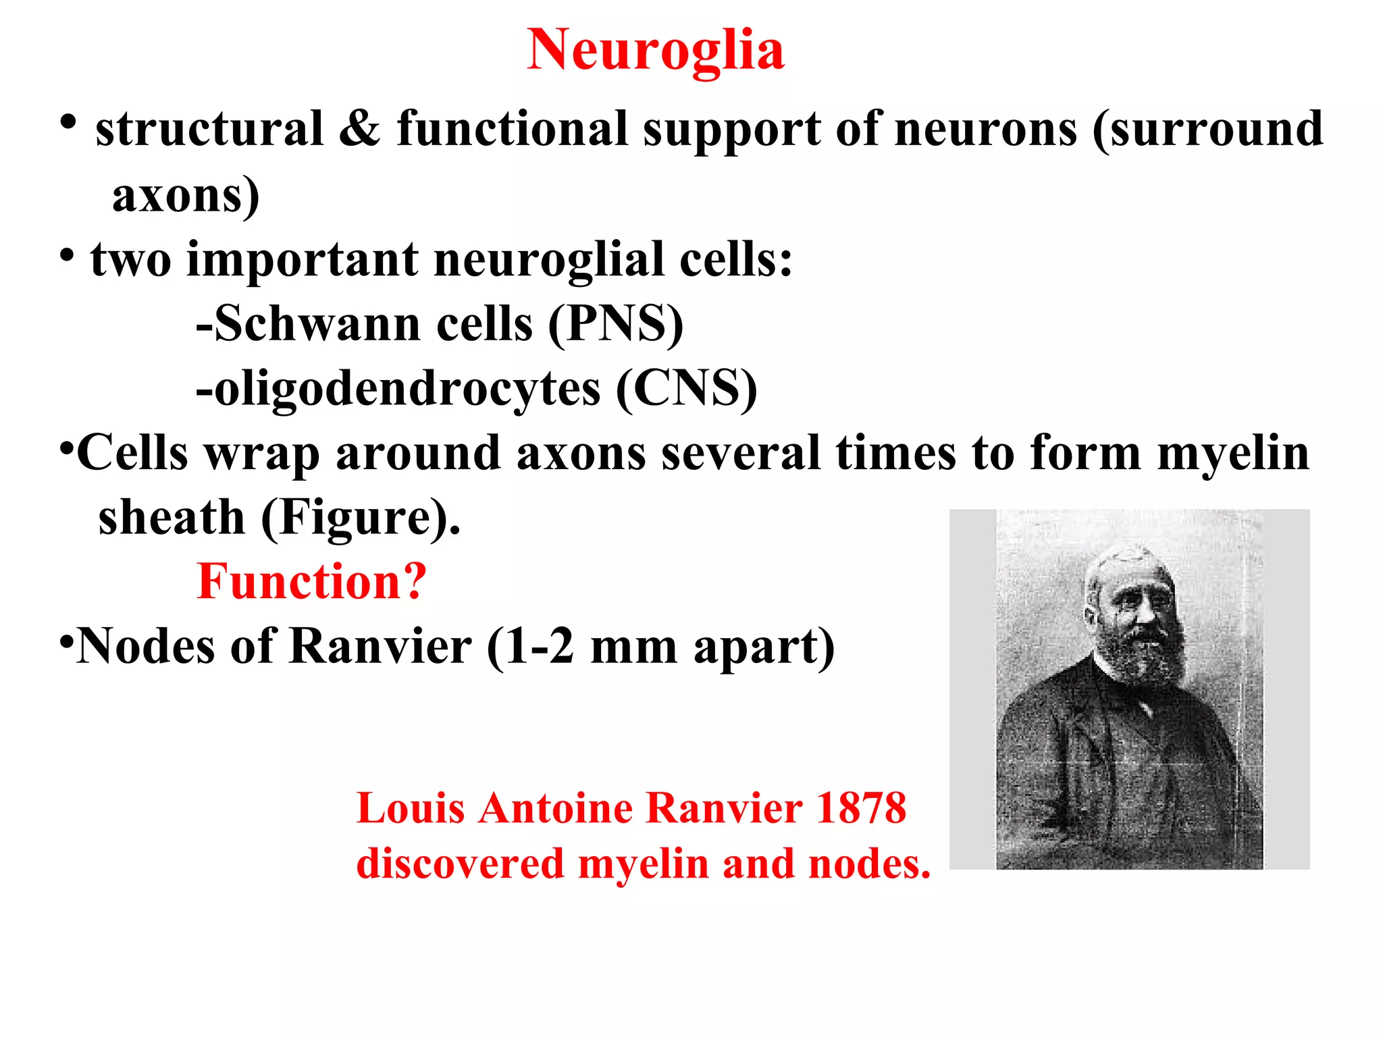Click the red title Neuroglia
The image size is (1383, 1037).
tap(655, 50)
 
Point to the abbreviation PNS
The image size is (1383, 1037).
tap(616, 323)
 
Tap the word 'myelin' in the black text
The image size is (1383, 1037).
tap(1233, 453)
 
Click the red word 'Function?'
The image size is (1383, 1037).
tap(311, 581)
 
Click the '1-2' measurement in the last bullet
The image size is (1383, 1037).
tap(540, 646)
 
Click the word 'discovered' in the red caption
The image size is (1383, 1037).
tap(460, 863)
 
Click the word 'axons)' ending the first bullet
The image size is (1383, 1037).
tap(185, 195)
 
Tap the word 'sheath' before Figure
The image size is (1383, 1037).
tap(172, 518)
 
